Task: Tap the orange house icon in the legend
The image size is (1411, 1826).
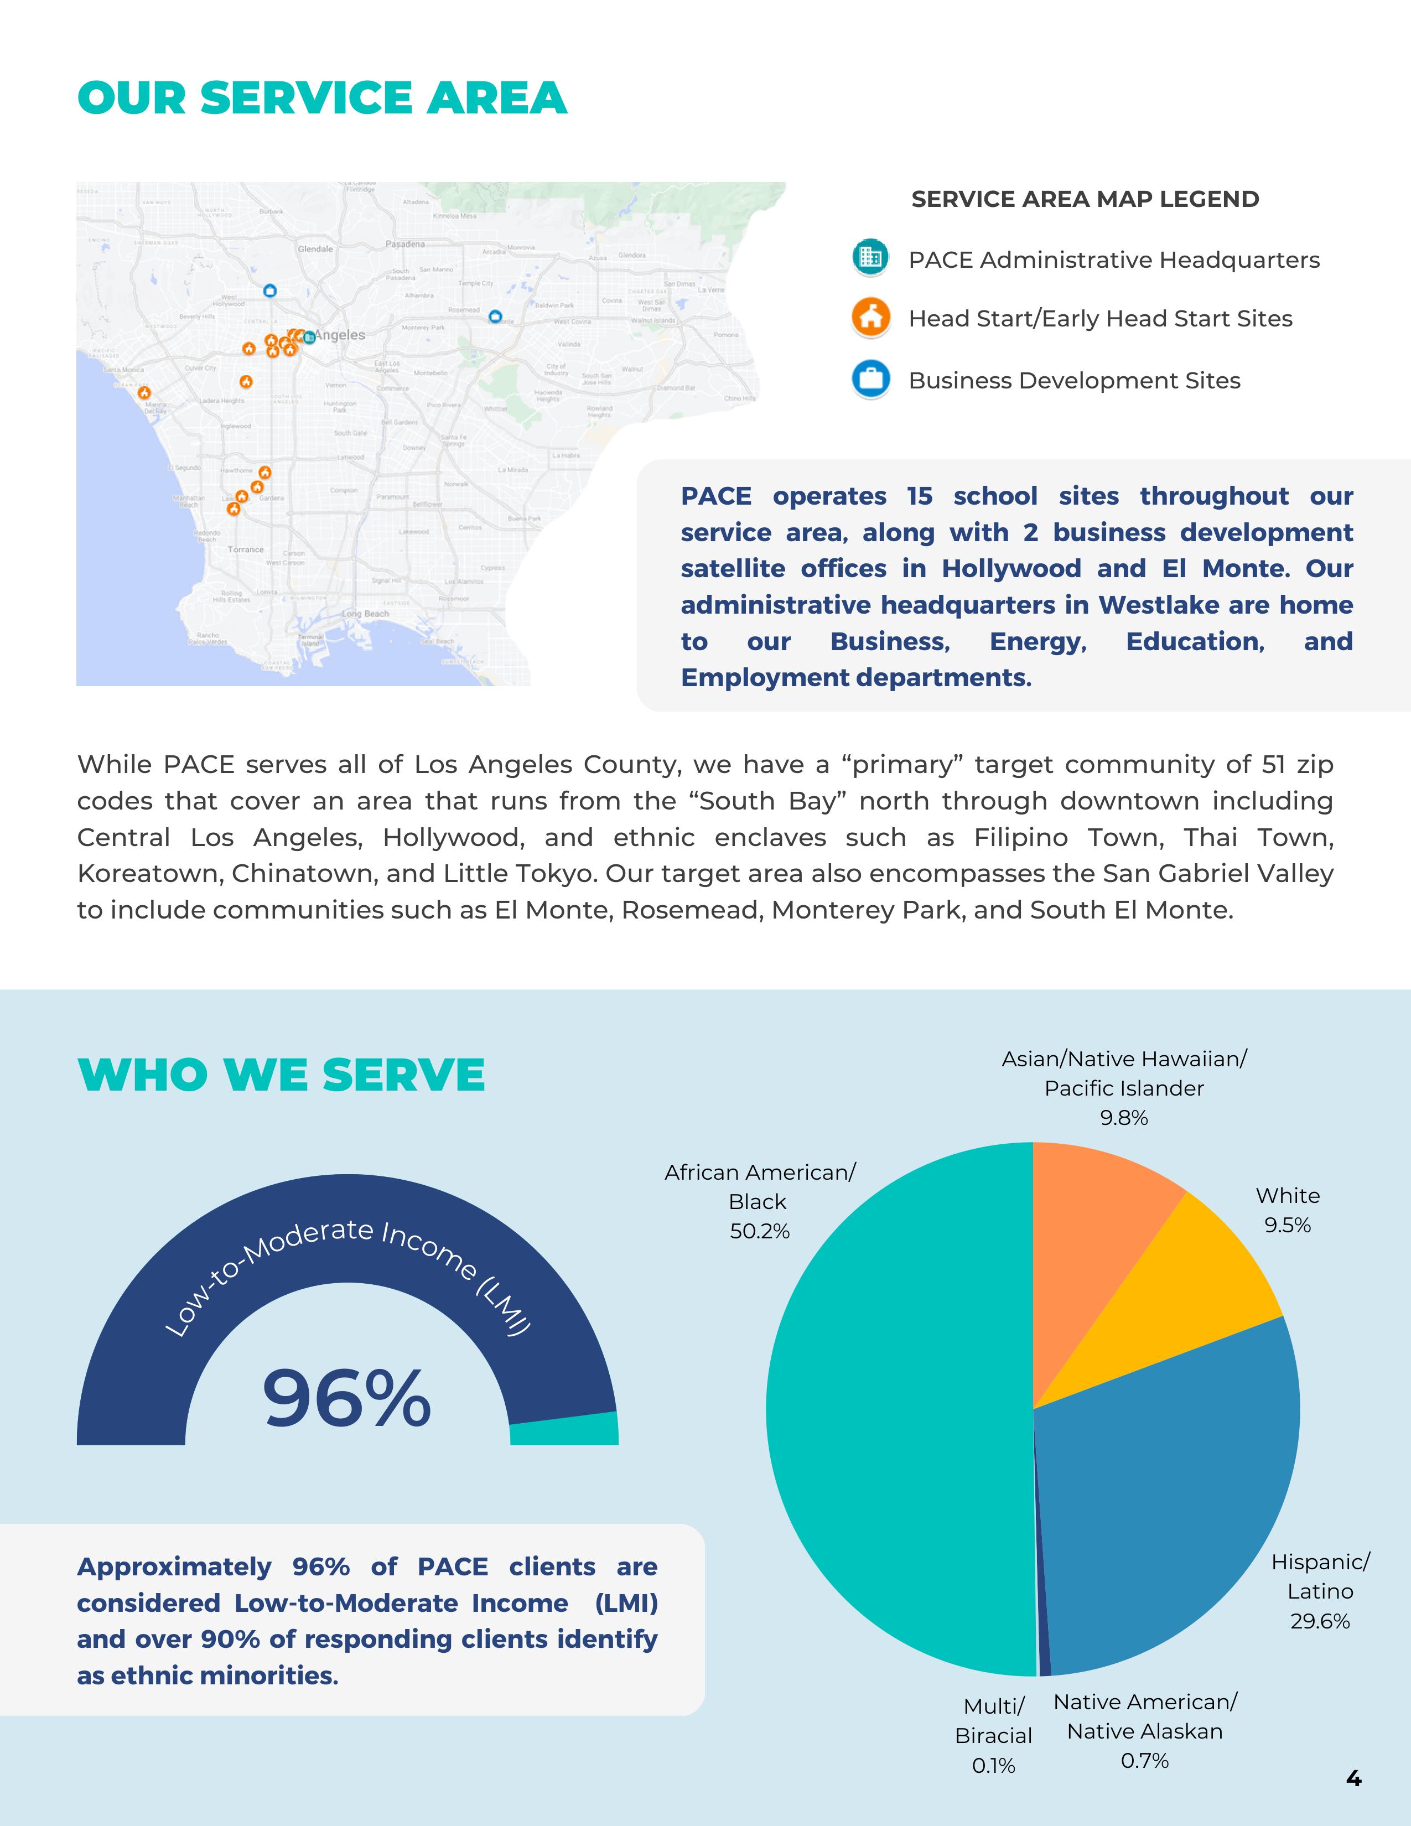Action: [x=870, y=318]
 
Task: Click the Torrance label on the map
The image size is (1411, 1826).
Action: [x=246, y=549]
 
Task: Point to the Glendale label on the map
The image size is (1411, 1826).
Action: [x=315, y=249]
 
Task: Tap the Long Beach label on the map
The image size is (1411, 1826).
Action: [x=365, y=614]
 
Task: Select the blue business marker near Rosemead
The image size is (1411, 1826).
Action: [x=495, y=317]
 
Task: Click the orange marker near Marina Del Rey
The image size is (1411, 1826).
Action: [x=144, y=392]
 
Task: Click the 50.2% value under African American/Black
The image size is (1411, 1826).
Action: [x=759, y=1231]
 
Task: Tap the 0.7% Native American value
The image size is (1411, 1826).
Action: [x=1144, y=1760]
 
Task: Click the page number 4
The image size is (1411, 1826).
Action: [x=1353, y=1778]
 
